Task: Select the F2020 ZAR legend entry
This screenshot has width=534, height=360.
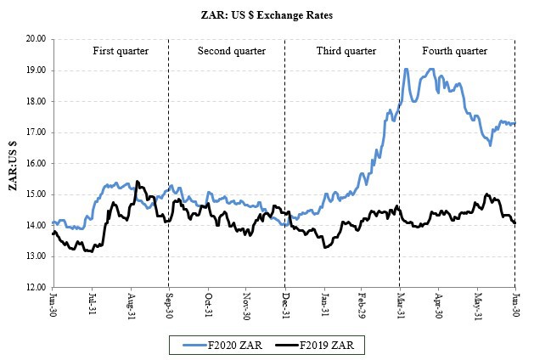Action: click(x=223, y=344)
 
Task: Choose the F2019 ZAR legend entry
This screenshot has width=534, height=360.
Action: click(x=316, y=344)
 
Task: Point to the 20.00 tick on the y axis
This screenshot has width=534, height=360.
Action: click(x=35, y=39)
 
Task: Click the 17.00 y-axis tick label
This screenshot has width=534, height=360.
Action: click(x=35, y=132)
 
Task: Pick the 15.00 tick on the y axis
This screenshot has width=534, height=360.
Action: click(x=35, y=194)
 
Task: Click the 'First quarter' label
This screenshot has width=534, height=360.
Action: click(x=121, y=51)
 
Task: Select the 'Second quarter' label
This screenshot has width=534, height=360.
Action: click(x=232, y=51)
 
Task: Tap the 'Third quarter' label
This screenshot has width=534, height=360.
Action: click(x=346, y=51)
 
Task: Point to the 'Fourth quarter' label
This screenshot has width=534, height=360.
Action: click(x=454, y=51)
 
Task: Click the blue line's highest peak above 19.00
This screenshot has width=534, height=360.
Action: click(x=406, y=70)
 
